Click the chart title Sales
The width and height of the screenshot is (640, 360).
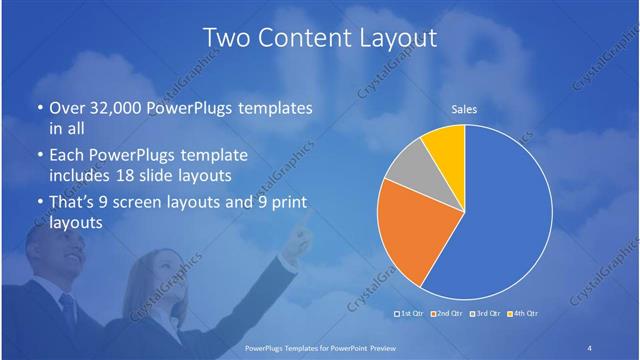[x=464, y=109]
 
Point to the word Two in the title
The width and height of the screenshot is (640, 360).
[x=226, y=39]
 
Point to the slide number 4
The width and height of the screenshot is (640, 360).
[x=590, y=347]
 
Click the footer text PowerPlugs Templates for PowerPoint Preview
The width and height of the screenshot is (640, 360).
[x=319, y=347]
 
